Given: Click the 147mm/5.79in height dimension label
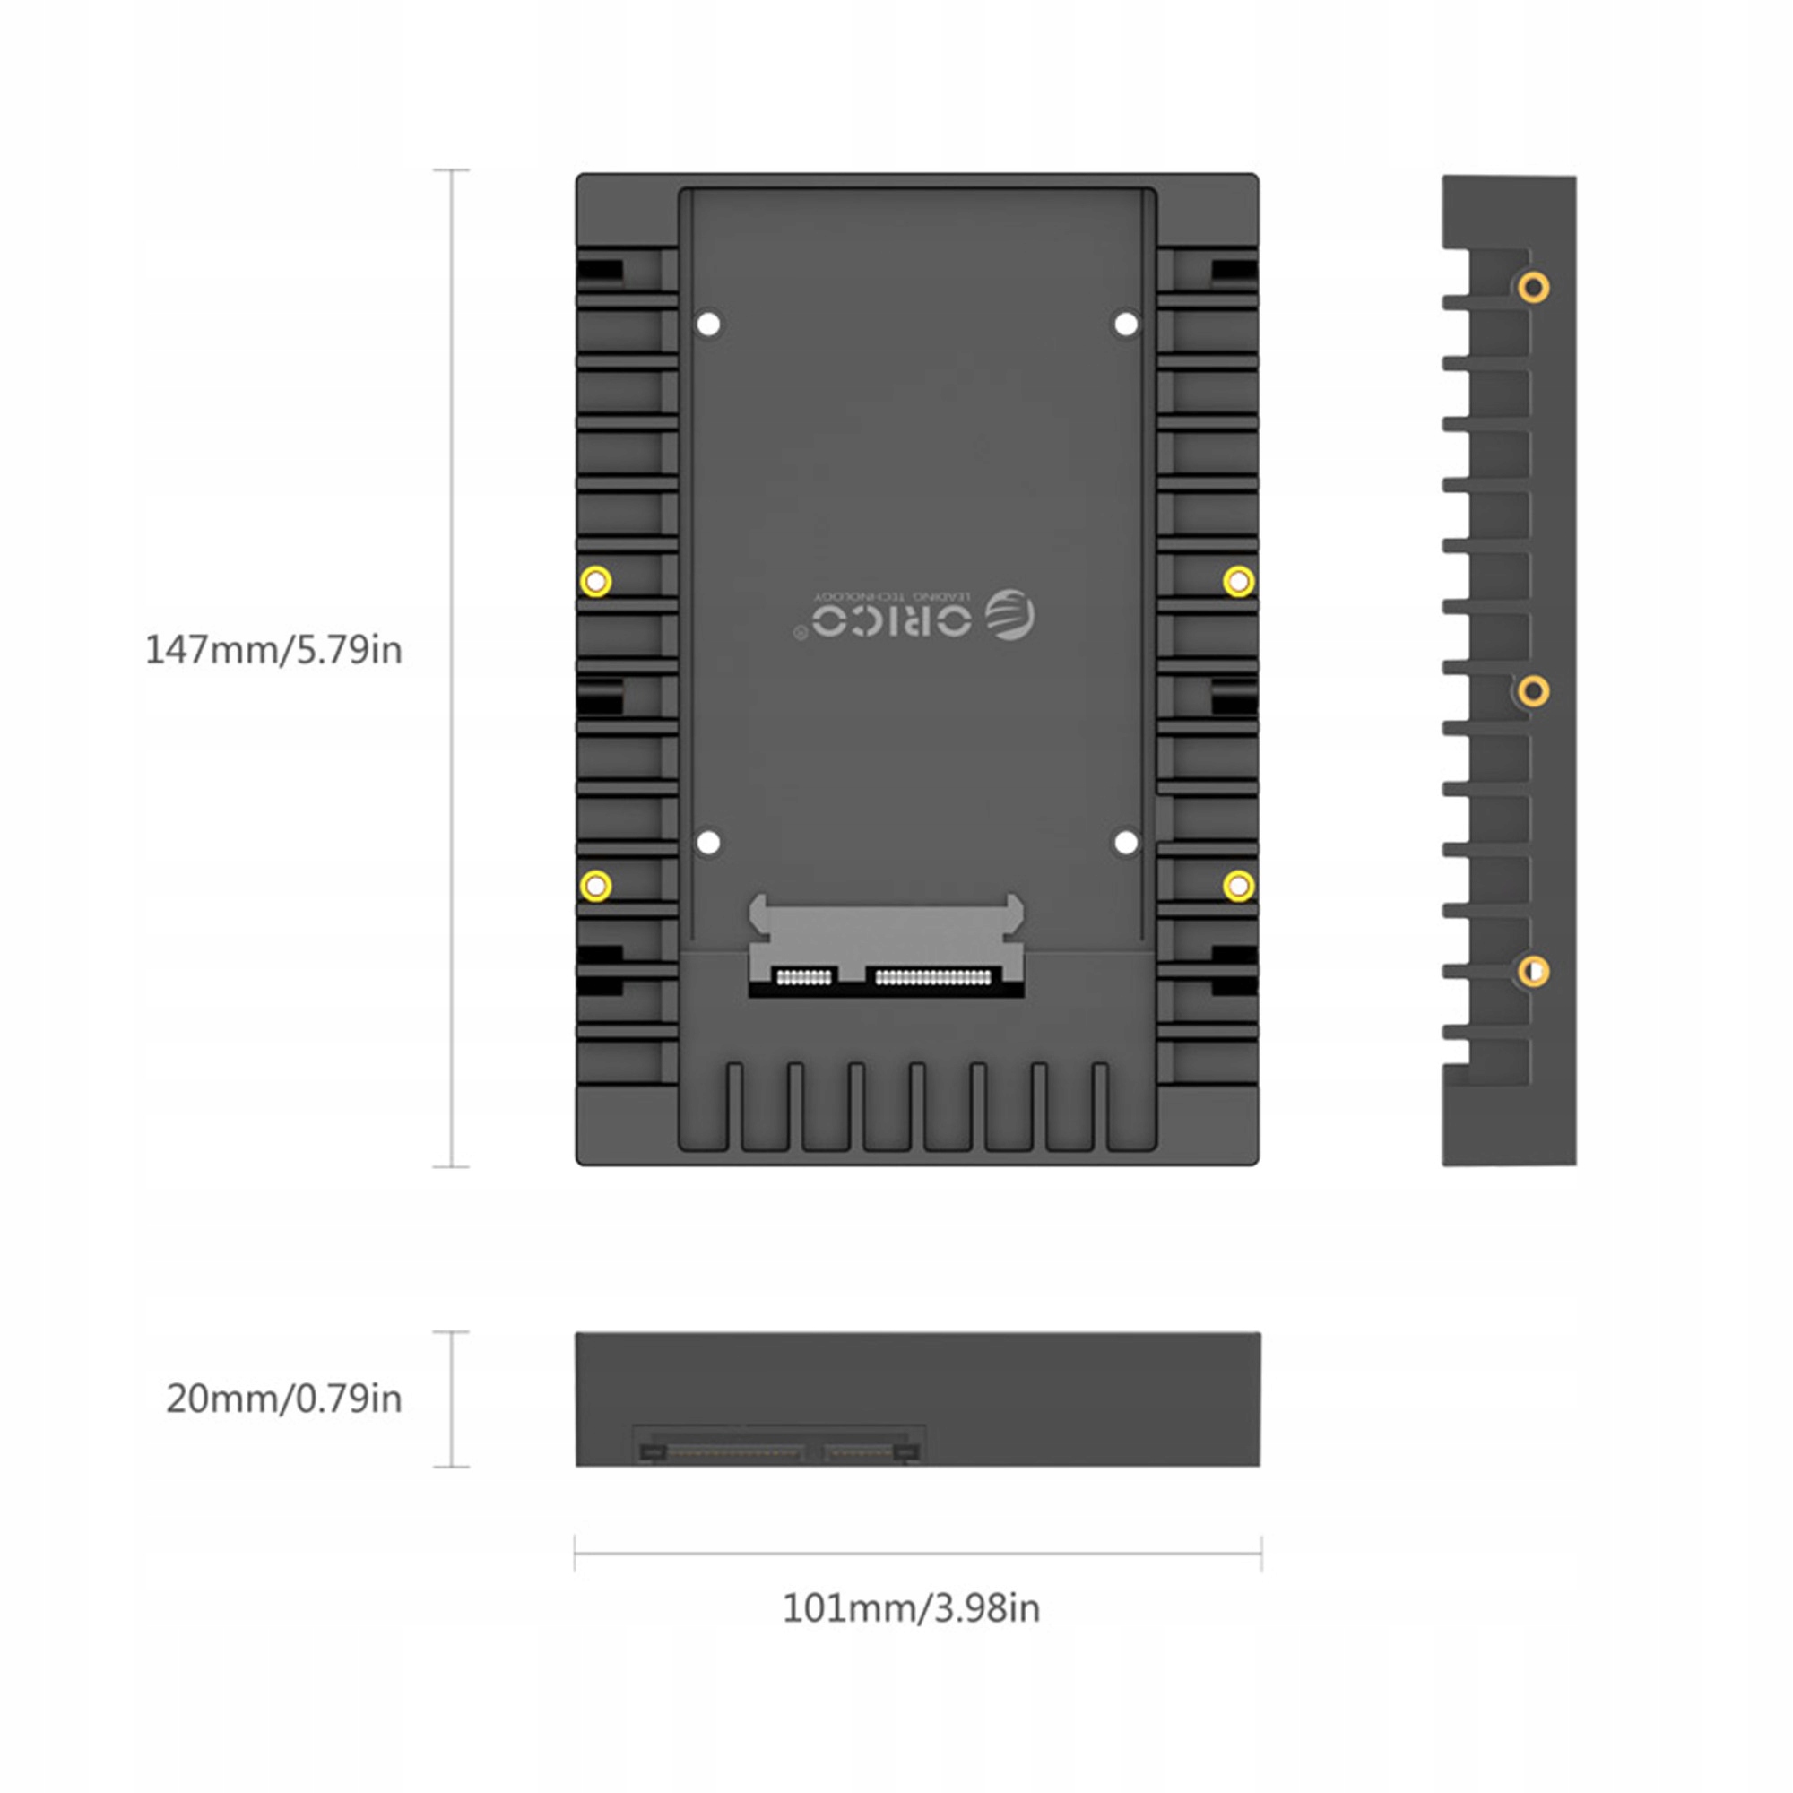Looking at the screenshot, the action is (273, 650).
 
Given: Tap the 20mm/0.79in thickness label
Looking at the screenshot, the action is (284, 1399).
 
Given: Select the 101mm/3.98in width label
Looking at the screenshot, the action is (911, 1608).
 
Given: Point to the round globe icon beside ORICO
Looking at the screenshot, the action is (1009, 614).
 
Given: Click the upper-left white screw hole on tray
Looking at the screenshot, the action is (708, 325).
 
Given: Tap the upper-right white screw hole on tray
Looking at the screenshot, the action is (1126, 325).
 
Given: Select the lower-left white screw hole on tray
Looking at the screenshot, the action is (708, 843).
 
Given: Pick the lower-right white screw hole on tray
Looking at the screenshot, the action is (1126, 843).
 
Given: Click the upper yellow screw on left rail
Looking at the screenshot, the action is (596, 582).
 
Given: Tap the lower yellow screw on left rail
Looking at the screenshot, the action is (596, 886).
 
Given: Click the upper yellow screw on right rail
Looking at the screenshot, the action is (1238, 582).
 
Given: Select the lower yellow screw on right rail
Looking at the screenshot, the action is (1238, 886).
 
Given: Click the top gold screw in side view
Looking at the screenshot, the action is (1533, 287).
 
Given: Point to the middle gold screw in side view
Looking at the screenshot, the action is (1533, 690).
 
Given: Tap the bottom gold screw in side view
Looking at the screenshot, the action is (1533, 971).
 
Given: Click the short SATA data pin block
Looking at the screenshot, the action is (803, 977).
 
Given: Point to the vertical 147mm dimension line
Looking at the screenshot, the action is (451, 668).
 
